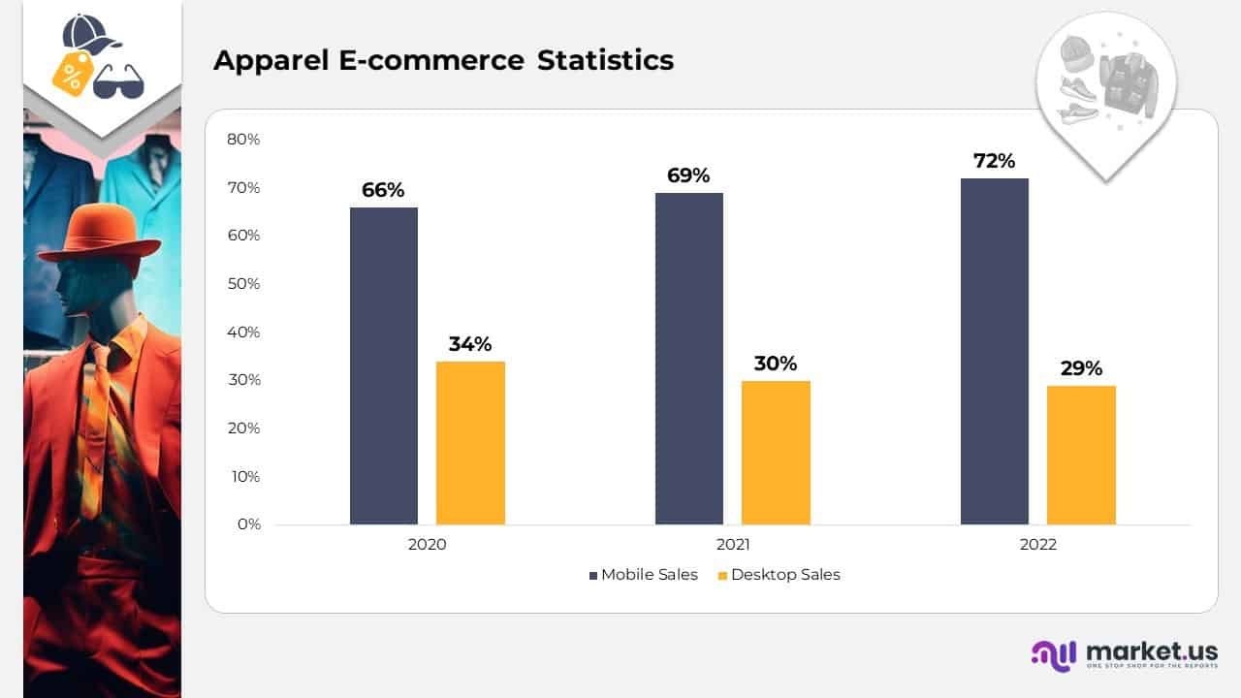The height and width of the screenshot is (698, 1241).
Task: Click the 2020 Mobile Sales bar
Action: (384, 365)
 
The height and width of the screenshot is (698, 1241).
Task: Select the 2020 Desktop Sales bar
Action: (470, 443)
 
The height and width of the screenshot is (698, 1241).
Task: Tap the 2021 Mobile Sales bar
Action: (689, 359)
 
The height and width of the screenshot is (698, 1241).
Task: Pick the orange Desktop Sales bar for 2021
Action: (776, 452)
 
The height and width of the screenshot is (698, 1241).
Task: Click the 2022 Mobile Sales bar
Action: (995, 351)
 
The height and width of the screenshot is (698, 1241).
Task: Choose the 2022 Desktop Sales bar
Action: (1081, 455)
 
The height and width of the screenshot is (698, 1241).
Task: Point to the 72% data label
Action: (995, 161)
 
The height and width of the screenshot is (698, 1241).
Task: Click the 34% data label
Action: (470, 344)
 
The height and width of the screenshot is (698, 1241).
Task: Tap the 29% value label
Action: (1081, 368)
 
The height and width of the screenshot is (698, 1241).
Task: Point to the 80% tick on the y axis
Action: (243, 139)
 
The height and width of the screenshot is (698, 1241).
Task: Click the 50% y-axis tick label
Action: (243, 283)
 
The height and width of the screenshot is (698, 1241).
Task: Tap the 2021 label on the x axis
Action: (733, 545)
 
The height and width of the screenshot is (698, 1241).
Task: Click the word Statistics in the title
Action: (606, 60)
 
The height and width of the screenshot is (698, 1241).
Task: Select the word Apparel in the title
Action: (269, 60)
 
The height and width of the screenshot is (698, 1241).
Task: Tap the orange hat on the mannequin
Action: (100, 233)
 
